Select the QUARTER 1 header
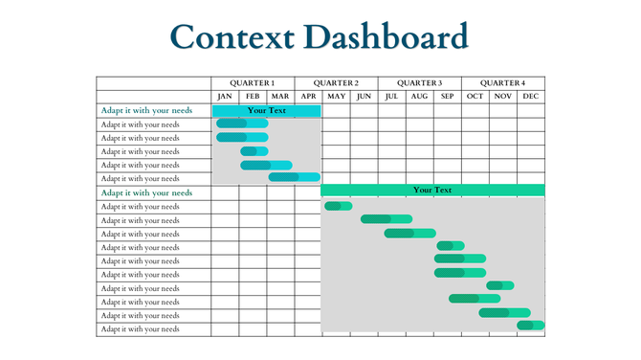point(253,83)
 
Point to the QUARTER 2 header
point(336,83)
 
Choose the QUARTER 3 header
point(419,83)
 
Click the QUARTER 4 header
point(502,83)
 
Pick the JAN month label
point(225,97)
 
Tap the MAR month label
point(280,97)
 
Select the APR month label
point(308,97)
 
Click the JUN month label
point(364,97)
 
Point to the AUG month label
point(419,97)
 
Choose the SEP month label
point(447,97)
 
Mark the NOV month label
point(502,97)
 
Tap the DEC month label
point(531,97)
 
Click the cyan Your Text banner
point(266,111)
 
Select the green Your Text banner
point(432,191)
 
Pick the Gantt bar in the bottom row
point(531,326)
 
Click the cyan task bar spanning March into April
point(294,177)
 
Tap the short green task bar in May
point(338,206)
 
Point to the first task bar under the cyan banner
point(241,124)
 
